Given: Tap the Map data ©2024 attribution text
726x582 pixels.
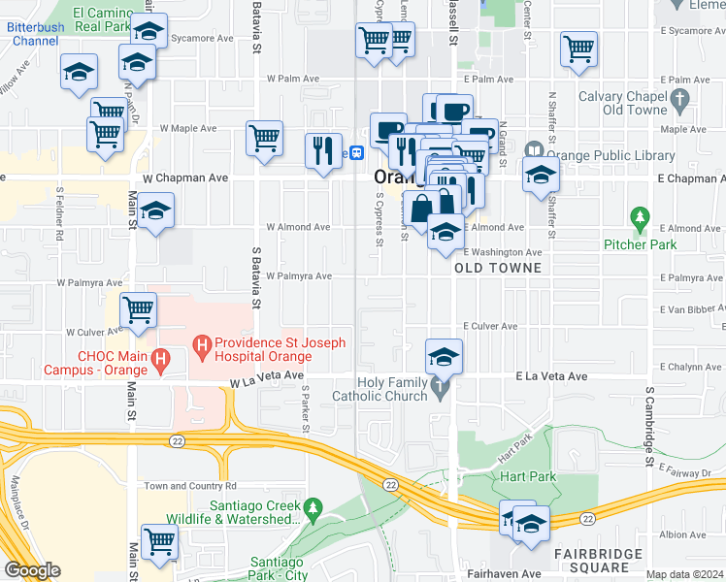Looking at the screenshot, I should [684, 574].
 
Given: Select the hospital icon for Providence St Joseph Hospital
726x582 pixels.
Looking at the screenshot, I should [202, 343].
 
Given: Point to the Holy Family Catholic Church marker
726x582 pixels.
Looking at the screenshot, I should [442, 389].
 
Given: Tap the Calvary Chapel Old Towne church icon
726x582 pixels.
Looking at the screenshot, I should [679, 98].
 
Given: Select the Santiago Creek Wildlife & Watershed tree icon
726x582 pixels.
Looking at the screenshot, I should [313, 507].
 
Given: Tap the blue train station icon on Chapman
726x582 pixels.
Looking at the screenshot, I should [357, 152].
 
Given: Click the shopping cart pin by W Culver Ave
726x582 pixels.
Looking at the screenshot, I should [139, 310].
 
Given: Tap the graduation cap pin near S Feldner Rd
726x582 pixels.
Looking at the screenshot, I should [155, 211].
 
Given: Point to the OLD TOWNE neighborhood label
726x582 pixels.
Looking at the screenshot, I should [491, 267].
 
